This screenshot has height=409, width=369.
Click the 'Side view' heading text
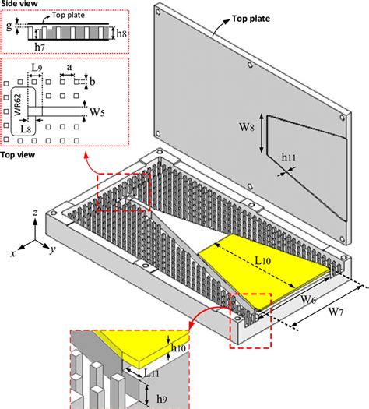(19, 5)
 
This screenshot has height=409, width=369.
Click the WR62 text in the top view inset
(17, 106)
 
